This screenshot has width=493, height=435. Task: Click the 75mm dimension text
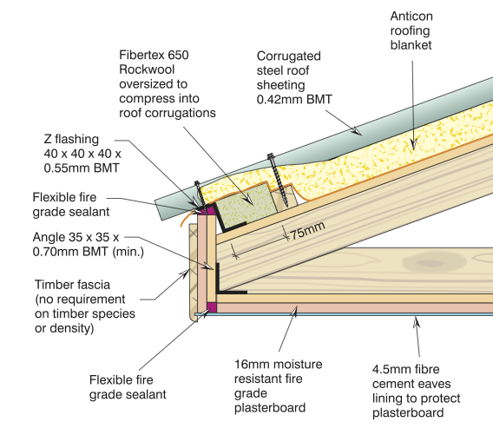[x=307, y=231]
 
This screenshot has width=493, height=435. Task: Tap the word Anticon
[x=411, y=16]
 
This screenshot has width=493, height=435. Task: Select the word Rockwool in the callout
[x=147, y=69]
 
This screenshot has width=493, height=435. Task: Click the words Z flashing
[x=71, y=139]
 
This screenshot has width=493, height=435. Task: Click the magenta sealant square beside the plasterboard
[x=212, y=307]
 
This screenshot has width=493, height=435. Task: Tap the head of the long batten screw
[x=271, y=155]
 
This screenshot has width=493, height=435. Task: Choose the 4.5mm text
[x=388, y=369]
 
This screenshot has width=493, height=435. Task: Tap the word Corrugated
[x=289, y=56]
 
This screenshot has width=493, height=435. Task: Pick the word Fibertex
[x=141, y=55]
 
